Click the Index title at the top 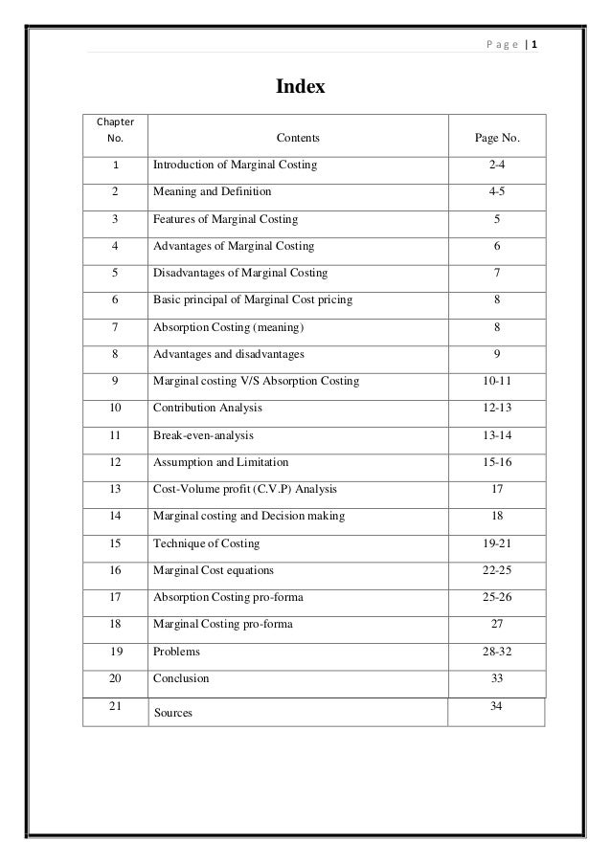coord(301,88)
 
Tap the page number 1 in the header coord(534,44)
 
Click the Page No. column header coord(497,139)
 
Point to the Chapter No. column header coord(115,130)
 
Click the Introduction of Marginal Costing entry coord(235,166)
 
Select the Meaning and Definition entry coord(212,191)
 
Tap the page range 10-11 coord(497,381)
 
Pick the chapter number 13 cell coord(115,490)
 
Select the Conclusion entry coord(181,678)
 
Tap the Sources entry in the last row coord(174,713)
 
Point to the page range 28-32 coord(497,652)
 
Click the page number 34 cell coord(497,706)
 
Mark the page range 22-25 coord(497,570)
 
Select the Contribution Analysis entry coord(208,409)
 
